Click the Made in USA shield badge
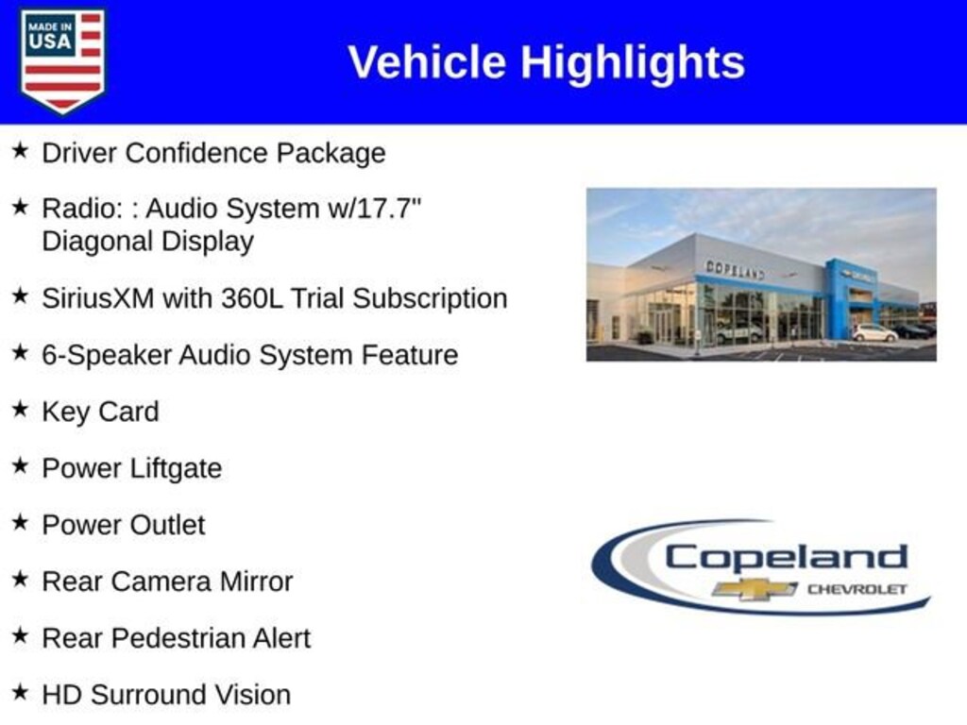(62, 60)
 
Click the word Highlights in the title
(633, 62)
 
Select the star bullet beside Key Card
(20, 409)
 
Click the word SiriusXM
(97, 298)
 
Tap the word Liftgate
(176, 469)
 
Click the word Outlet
(167, 525)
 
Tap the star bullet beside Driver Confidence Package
(20, 150)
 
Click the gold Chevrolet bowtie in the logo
(755, 589)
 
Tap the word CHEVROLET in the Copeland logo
(857, 589)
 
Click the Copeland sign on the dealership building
(735, 269)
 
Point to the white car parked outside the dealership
(874, 333)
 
